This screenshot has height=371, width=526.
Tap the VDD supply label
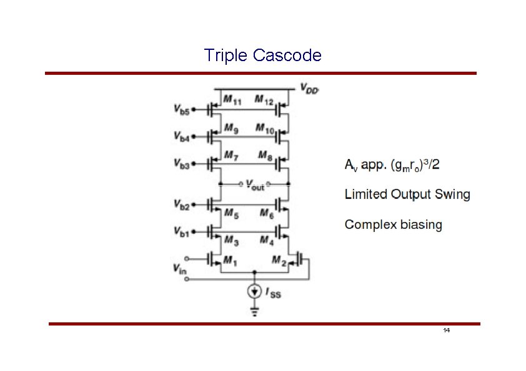click(x=309, y=88)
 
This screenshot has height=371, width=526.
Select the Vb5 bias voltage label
click(x=182, y=108)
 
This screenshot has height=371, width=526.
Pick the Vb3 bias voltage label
click(x=182, y=163)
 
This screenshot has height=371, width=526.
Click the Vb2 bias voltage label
click(x=182, y=204)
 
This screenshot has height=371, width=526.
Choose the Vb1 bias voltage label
click(x=182, y=232)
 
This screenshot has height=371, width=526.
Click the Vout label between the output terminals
click(x=254, y=185)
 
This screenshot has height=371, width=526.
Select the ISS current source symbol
click(x=254, y=291)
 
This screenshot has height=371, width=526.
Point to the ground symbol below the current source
click(x=254, y=312)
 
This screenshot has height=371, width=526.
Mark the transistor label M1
click(x=231, y=263)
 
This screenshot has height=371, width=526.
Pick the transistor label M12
click(x=265, y=100)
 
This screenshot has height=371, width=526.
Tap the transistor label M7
click(x=231, y=155)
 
